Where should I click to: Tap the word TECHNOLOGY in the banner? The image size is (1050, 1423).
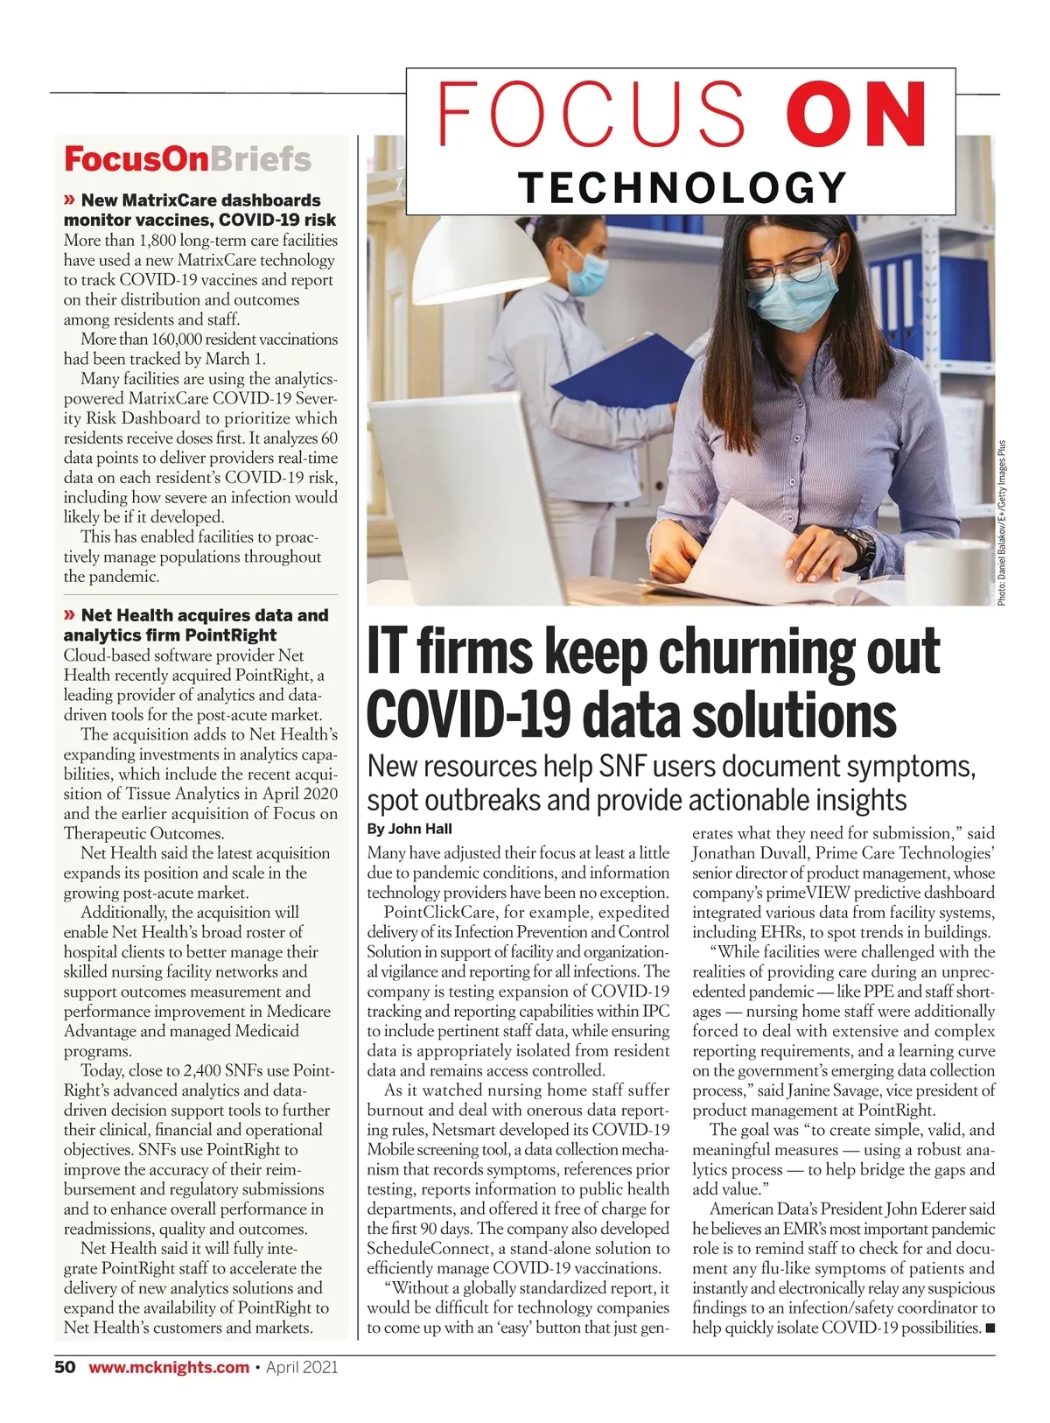click(682, 186)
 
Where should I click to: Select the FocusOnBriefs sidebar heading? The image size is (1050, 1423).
click(187, 159)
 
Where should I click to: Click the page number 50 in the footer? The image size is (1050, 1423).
click(66, 1367)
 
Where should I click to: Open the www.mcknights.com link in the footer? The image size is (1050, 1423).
click(169, 1367)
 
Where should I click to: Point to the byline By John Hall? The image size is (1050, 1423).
click(409, 829)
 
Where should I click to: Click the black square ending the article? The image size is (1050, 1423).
click(990, 1328)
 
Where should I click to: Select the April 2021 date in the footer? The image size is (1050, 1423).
click(302, 1367)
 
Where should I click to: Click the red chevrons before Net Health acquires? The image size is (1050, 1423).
click(70, 615)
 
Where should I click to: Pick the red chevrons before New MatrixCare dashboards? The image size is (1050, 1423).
click(70, 200)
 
